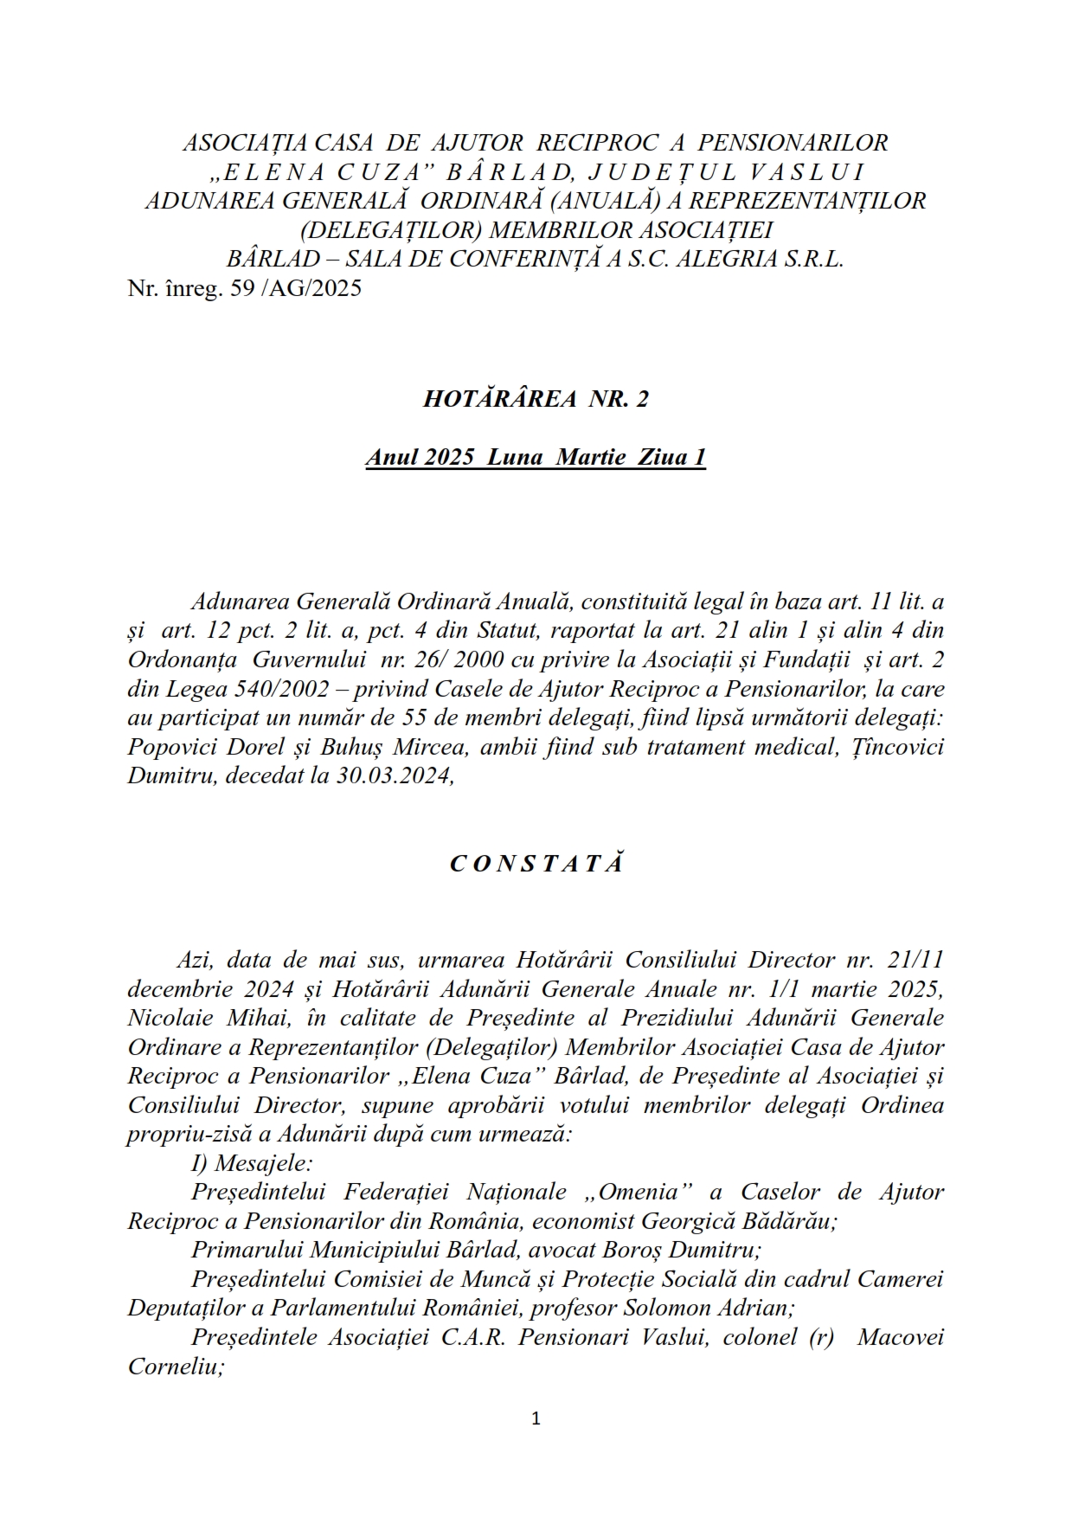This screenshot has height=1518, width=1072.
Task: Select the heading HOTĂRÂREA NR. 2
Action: pos(536,399)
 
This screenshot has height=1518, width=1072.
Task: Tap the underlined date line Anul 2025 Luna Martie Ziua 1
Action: pos(536,458)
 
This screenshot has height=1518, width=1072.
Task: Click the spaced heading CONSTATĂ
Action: pos(536,864)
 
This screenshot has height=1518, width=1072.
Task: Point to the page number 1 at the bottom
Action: pos(536,1418)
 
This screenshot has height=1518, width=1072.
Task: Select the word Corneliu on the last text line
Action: pos(176,1367)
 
